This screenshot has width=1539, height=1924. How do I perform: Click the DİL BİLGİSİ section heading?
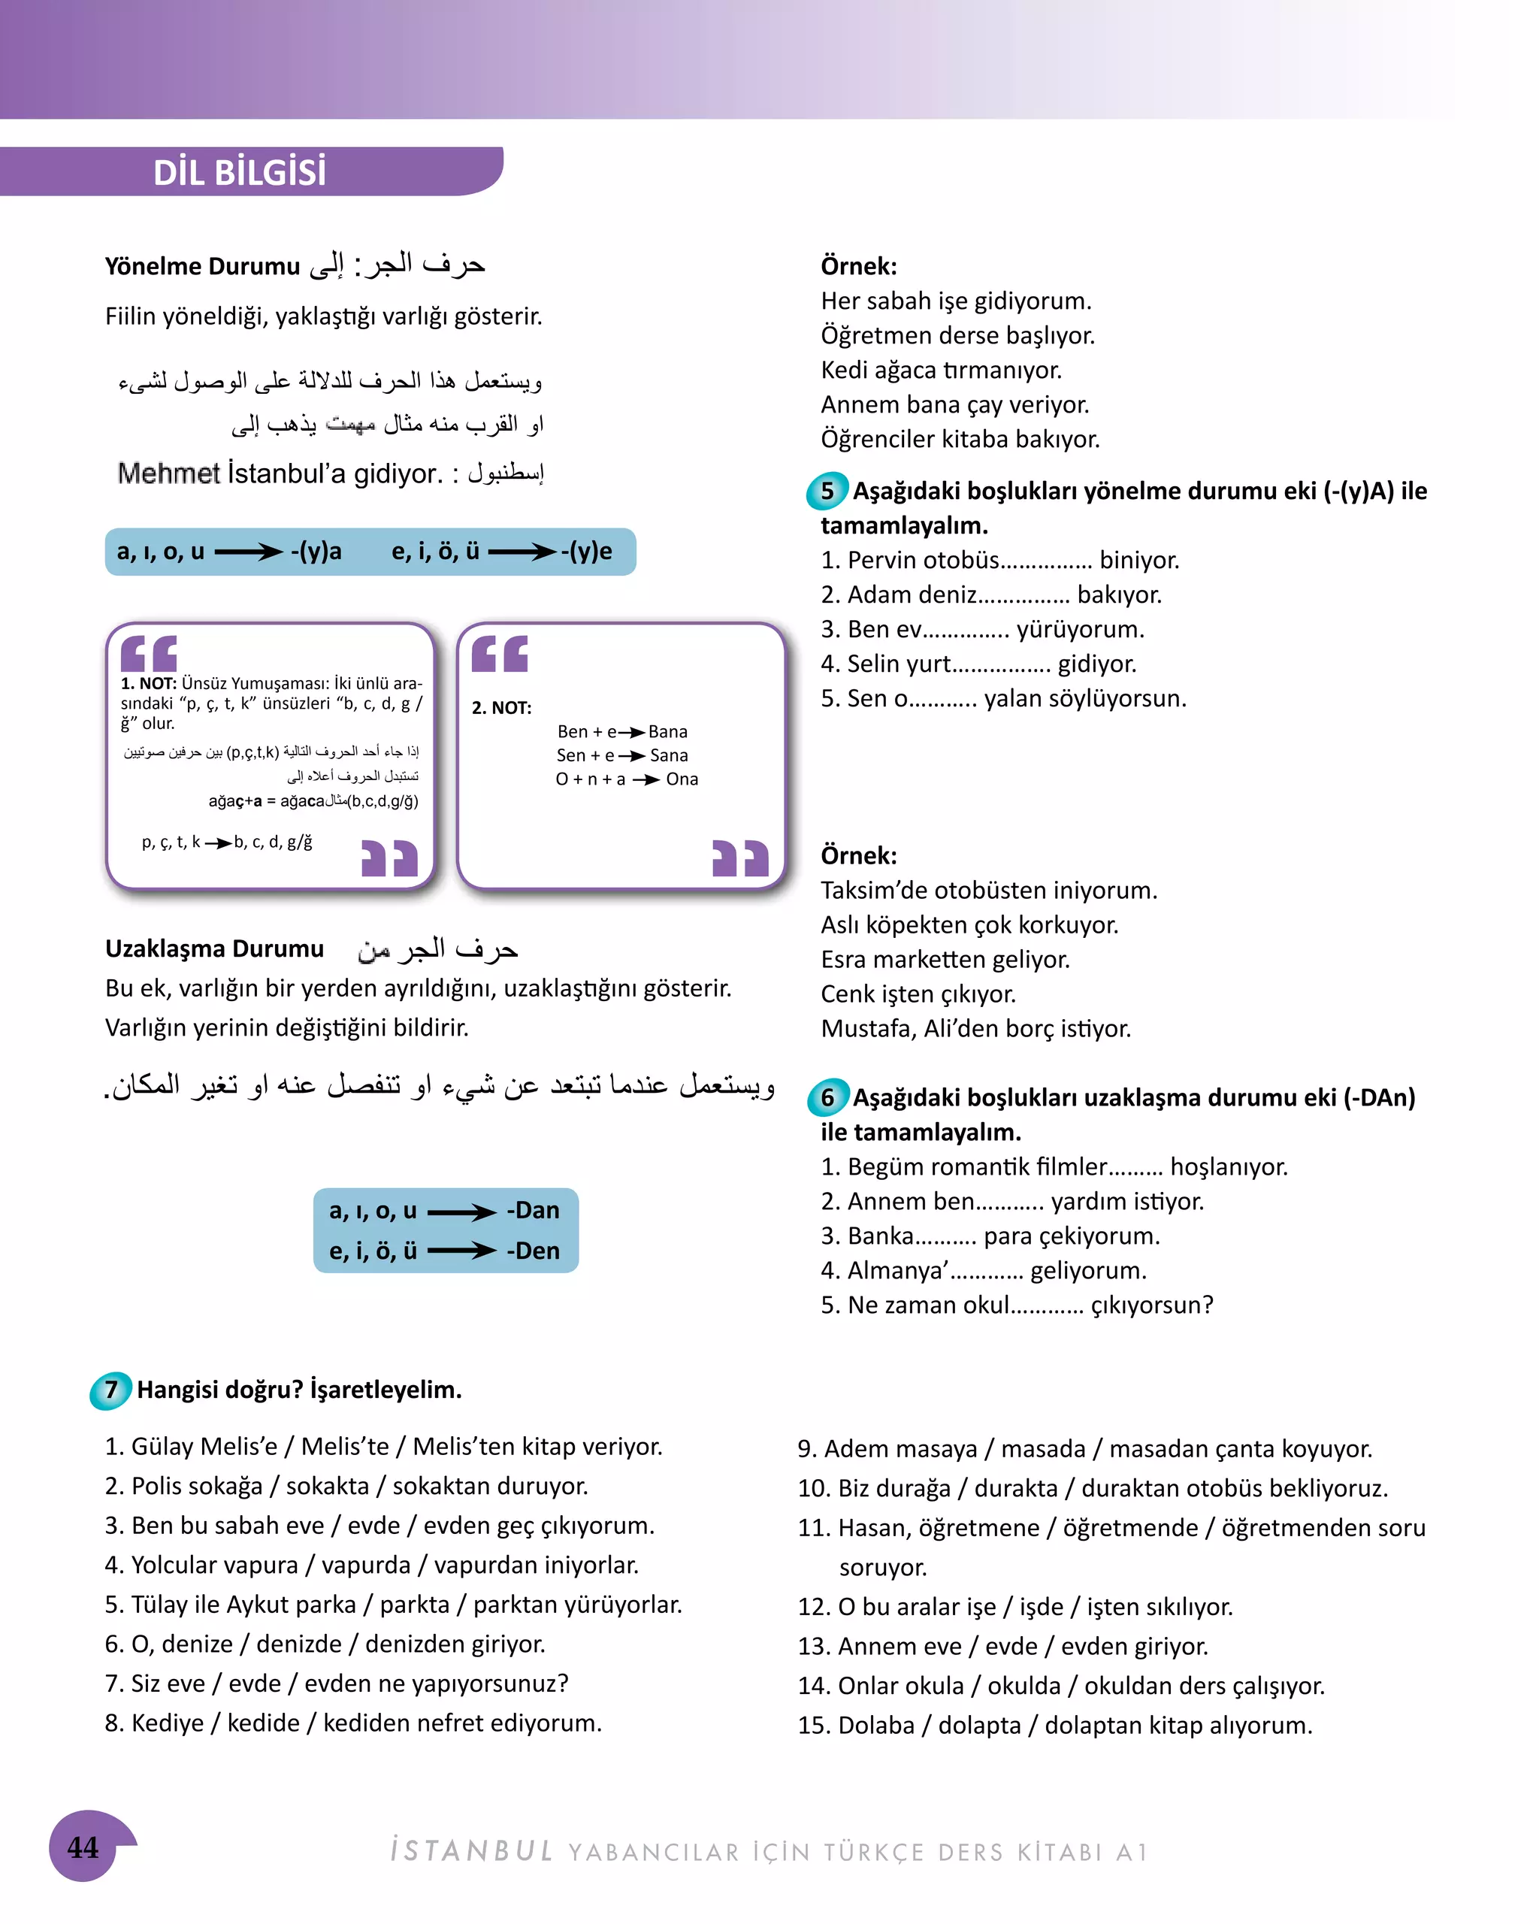[x=239, y=172]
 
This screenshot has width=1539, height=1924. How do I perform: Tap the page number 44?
[x=83, y=1847]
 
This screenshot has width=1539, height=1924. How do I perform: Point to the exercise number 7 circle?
[x=110, y=1389]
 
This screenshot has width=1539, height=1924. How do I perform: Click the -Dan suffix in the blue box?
[x=533, y=1210]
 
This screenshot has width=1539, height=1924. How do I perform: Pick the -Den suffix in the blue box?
[x=533, y=1251]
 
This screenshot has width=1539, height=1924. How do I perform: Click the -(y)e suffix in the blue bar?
[x=586, y=551]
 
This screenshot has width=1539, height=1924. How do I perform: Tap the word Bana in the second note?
[x=667, y=732]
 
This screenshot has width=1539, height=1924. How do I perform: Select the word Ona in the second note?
[x=682, y=779]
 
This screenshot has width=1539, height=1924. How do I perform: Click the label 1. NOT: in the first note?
[x=148, y=684]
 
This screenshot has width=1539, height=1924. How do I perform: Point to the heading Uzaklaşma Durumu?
[x=214, y=948]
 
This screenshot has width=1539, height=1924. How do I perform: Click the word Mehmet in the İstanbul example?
[x=168, y=473]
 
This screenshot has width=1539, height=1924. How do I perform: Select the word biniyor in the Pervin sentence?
[x=1138, y=561]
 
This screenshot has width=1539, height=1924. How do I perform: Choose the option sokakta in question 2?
[x=327, y=1486]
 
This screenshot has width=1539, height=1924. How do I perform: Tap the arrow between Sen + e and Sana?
[x=630, y=756]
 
